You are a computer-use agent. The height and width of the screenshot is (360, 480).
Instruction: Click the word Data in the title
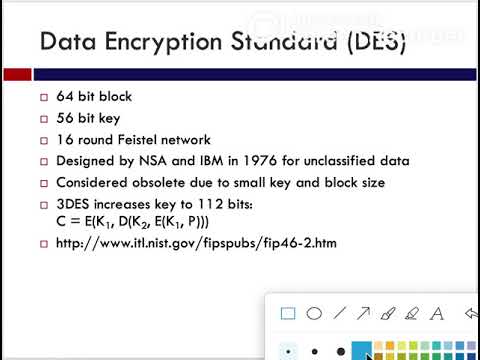click(67, 42)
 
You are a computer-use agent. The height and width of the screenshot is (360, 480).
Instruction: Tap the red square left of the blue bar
click(16, 74)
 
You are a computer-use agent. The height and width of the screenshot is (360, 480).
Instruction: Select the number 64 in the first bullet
click(65, 97)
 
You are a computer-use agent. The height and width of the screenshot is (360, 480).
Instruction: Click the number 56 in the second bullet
click(65, 118)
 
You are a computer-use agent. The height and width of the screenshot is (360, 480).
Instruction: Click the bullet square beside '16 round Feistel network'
click(44, 140)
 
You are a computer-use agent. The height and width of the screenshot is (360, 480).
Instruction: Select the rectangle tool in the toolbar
click(288, 313)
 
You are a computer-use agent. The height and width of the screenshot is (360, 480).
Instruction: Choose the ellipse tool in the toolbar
click(313, 313)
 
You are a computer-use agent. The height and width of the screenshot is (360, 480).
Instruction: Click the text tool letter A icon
click(436, 313)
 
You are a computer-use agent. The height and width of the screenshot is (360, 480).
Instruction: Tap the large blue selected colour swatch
click(362, 350)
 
